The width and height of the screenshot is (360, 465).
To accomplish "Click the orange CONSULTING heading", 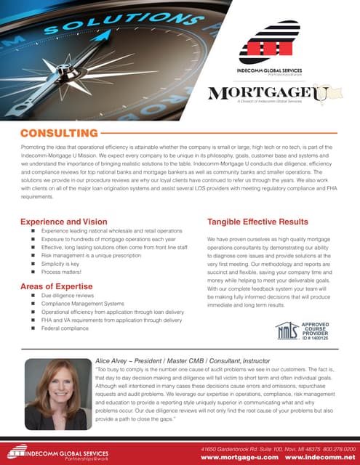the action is point(59,133).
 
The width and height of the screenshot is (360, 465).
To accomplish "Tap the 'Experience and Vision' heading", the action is point(64,221).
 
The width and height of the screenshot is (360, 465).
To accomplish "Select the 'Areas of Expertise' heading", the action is point(60,287).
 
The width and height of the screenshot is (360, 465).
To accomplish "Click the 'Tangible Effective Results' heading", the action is point(257,221).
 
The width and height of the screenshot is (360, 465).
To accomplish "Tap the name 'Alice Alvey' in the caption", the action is point(113,360).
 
